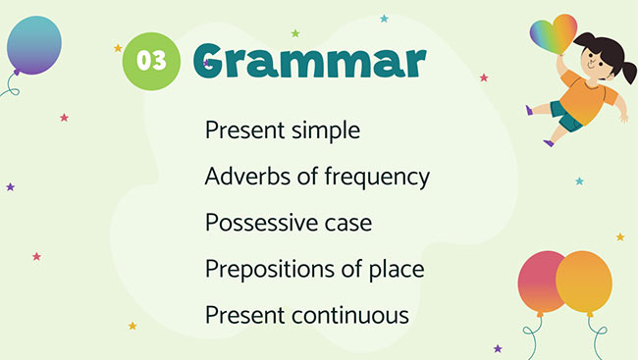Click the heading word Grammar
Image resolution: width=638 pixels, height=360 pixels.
(309, 61)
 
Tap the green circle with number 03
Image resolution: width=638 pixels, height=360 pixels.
(150, 60)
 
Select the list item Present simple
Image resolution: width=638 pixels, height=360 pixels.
(283, 130)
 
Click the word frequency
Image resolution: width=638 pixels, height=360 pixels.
(375, 178)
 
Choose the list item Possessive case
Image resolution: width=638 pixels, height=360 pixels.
(289, 223)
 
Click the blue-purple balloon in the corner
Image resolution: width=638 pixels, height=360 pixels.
(33, 44)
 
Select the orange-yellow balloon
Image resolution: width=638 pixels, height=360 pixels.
(585, 281)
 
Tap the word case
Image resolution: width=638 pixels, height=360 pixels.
(347, 224)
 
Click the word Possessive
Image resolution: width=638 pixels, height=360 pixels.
(260, 223)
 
